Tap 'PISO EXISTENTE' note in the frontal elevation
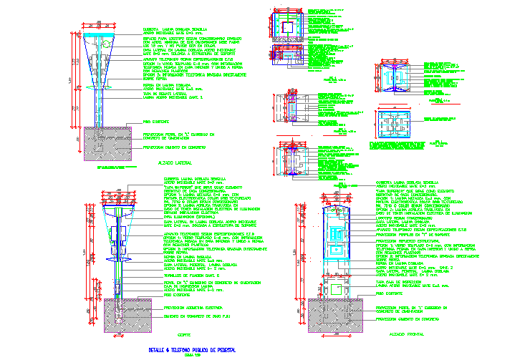pyautogui.click(x=391, y=293)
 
